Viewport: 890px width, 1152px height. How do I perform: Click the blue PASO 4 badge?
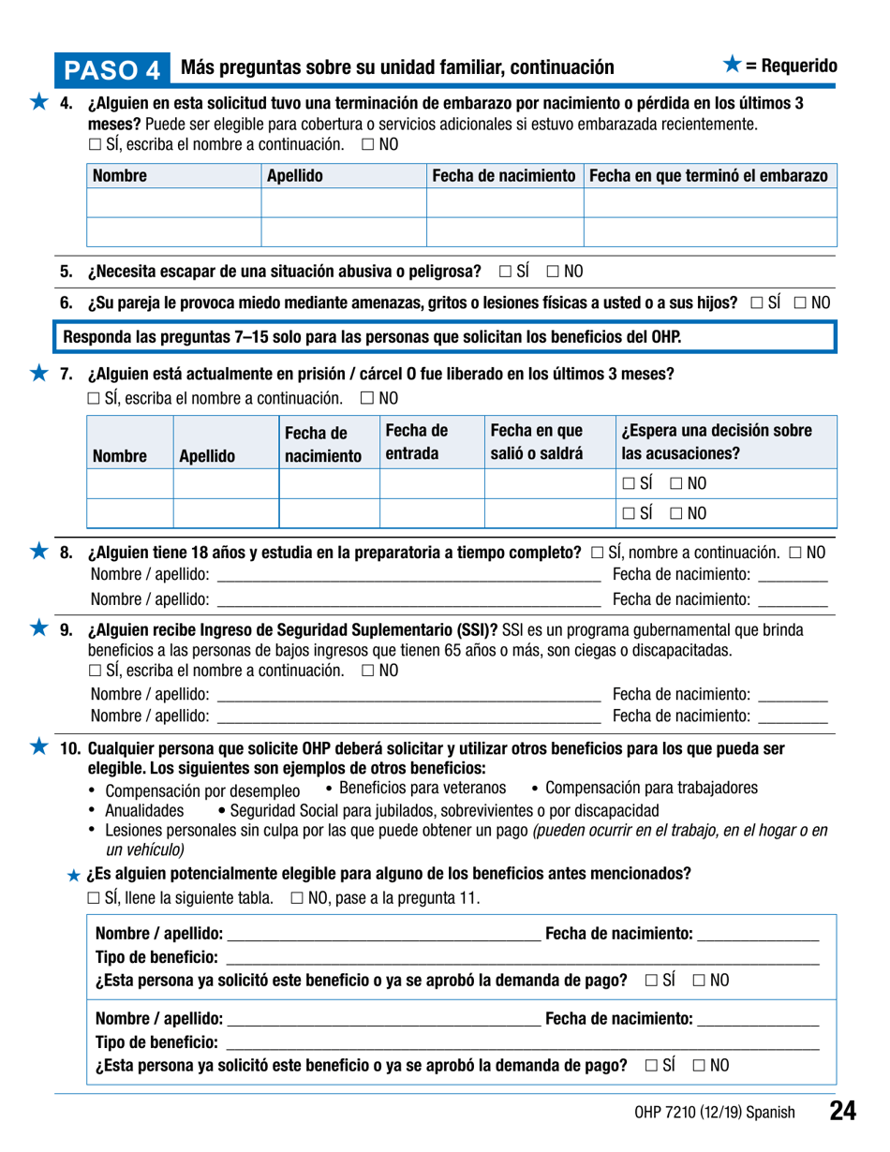tap(113, 68)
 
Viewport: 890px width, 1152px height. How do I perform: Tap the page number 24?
tap(842, 1112)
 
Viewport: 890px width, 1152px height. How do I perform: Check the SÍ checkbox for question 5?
tap(506, 272)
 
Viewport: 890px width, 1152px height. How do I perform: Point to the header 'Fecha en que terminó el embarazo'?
tap(708, 175)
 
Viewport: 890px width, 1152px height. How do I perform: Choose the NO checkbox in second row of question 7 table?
tap(678, 515)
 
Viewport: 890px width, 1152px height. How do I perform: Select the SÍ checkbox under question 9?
tap(95, 671)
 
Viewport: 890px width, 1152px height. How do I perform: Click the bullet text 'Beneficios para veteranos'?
tap(422, 787)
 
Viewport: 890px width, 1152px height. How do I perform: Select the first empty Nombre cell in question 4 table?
tap(173, 203)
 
